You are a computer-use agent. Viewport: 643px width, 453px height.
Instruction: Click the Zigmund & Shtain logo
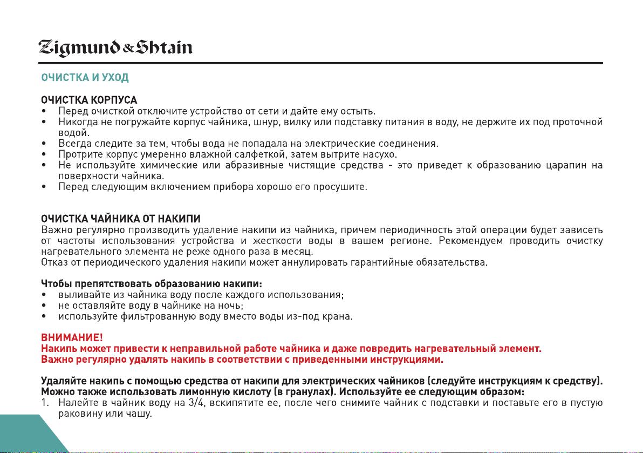(x=115, y=48)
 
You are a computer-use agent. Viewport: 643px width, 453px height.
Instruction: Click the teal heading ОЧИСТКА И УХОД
(x=85, y=78)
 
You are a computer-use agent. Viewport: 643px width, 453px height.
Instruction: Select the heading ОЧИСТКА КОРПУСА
(x=89, y=100)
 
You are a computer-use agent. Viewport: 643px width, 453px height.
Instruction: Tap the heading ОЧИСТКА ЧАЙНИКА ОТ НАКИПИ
(x=121, y=219)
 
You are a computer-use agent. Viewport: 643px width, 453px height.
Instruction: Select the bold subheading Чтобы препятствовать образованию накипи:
(x=152, y=284)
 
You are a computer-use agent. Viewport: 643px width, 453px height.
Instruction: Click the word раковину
(x=80, y=414)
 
